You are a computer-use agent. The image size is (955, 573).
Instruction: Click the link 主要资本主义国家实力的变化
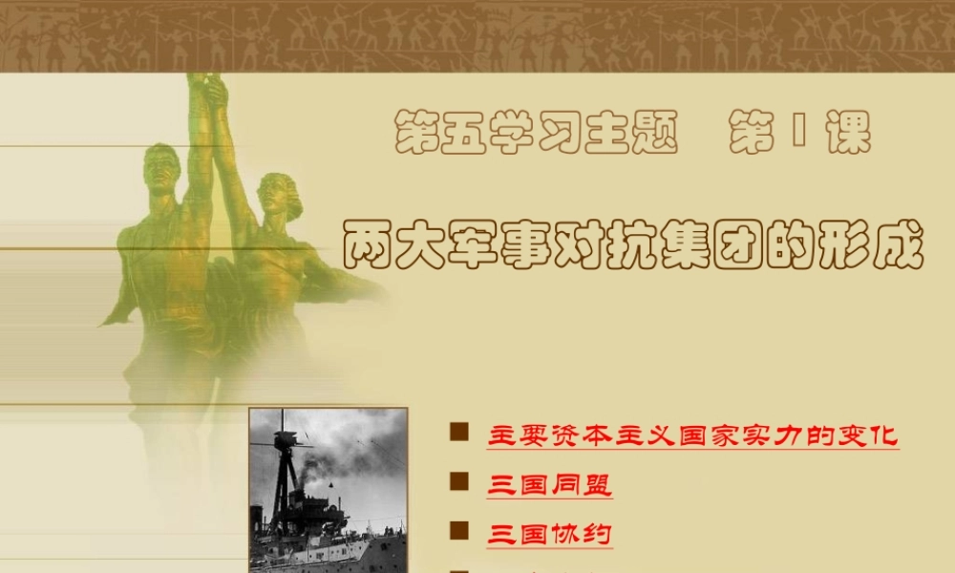pos(692,436)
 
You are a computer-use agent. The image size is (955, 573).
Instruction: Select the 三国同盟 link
pos(549,484)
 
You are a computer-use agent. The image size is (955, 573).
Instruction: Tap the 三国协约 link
pos(549,533)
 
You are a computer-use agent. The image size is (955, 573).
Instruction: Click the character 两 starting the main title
pos(368,246)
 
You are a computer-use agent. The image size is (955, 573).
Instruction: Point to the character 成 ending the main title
pos(898,246)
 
